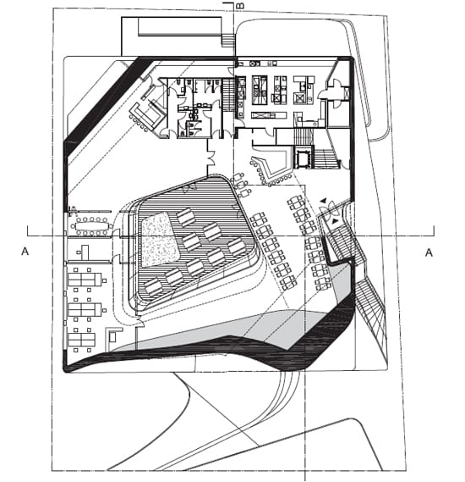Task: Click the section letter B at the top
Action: [241, 6]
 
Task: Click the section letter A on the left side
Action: [25, 252]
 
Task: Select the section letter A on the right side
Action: [429, 252]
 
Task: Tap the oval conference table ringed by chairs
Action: [91, 227]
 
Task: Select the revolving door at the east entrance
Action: [329, 208]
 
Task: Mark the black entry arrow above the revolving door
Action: [323, 201]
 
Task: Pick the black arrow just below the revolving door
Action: [335, 221]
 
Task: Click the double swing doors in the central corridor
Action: [211, 157]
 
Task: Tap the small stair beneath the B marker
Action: [228, 41]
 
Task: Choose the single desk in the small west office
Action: [84, 252]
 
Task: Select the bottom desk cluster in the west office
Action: [82, 340]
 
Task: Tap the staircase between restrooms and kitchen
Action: [228, 95]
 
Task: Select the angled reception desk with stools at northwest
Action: [146, 115]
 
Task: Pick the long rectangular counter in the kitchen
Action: [269, 115]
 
